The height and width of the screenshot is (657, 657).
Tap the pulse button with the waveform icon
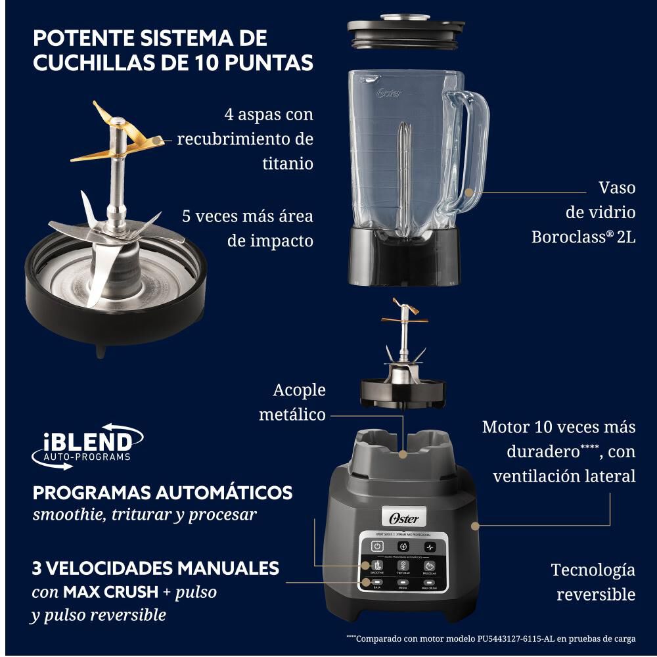pos(430,547)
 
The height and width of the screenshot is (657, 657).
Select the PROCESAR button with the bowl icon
pos(430,566)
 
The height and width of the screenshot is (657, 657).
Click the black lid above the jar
pos(402,32)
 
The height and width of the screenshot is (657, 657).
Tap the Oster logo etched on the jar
pos(389,93)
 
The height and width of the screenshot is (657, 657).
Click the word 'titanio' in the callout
pos(288,164)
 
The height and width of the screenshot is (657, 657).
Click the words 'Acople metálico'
pos(292,402)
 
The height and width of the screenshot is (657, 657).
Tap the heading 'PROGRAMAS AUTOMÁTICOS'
pos(162,493)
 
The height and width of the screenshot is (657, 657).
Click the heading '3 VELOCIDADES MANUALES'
pos(156,568)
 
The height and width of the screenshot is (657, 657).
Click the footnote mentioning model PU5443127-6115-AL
pos(491,638)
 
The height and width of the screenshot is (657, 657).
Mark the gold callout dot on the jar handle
pos(469,193)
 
